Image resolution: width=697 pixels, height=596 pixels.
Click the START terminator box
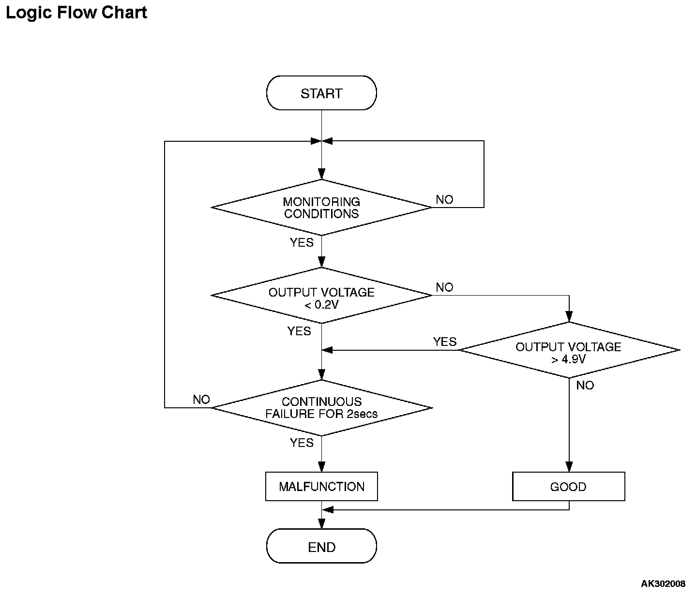tap(321, 93)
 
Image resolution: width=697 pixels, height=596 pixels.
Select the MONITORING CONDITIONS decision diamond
tap(321, 208)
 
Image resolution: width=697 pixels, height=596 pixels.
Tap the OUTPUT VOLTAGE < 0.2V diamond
tap(321, 295)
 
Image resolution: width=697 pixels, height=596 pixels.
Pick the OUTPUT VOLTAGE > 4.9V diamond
tap(569, 350)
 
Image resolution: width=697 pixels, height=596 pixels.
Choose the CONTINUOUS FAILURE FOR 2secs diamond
tap(321, 408)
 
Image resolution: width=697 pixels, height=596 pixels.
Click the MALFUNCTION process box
tap(321, 487)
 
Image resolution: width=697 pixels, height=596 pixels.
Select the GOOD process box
tap(569, 487)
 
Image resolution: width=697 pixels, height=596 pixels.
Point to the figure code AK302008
tap(663, 583)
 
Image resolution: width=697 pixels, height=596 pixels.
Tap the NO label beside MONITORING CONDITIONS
tap(444, 200)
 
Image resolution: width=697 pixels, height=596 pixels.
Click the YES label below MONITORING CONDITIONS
tap(302, 242)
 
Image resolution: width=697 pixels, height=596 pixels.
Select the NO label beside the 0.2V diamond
tap(444, 287)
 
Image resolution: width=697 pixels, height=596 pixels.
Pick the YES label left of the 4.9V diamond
tap(445, 342)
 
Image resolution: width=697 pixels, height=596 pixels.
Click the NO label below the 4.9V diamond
tap(585, 385)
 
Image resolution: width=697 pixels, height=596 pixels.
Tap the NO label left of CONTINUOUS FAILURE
tap(201, 400)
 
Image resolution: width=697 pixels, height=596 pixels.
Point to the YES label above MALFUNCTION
tap(302, 443)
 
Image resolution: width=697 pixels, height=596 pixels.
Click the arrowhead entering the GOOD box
tap(569, 467)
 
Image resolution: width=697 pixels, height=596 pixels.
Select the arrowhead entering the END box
tap(322, 524)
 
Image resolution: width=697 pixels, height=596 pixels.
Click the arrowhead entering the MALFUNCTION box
tap(322, 467)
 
